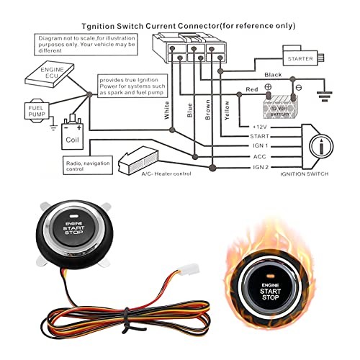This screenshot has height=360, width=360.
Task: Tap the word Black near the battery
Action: point(273,75)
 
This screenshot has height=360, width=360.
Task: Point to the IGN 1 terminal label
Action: point(257,145)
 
